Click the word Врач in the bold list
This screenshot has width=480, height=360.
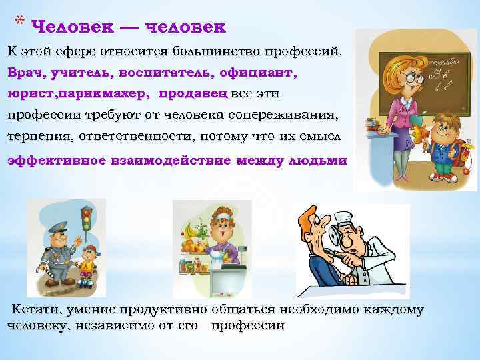click(x=24, y=71)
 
